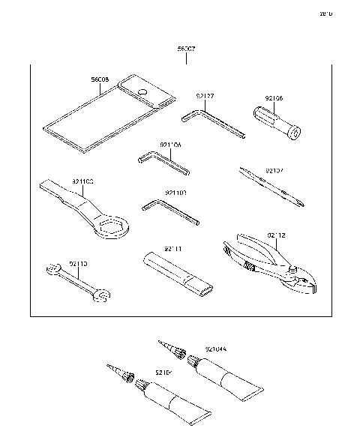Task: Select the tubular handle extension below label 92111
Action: click(x=180, y=274)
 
